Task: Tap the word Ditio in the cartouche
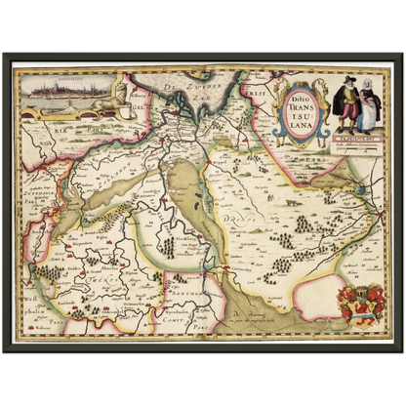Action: coord(297,95)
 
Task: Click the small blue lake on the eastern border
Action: coord(363,190)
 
